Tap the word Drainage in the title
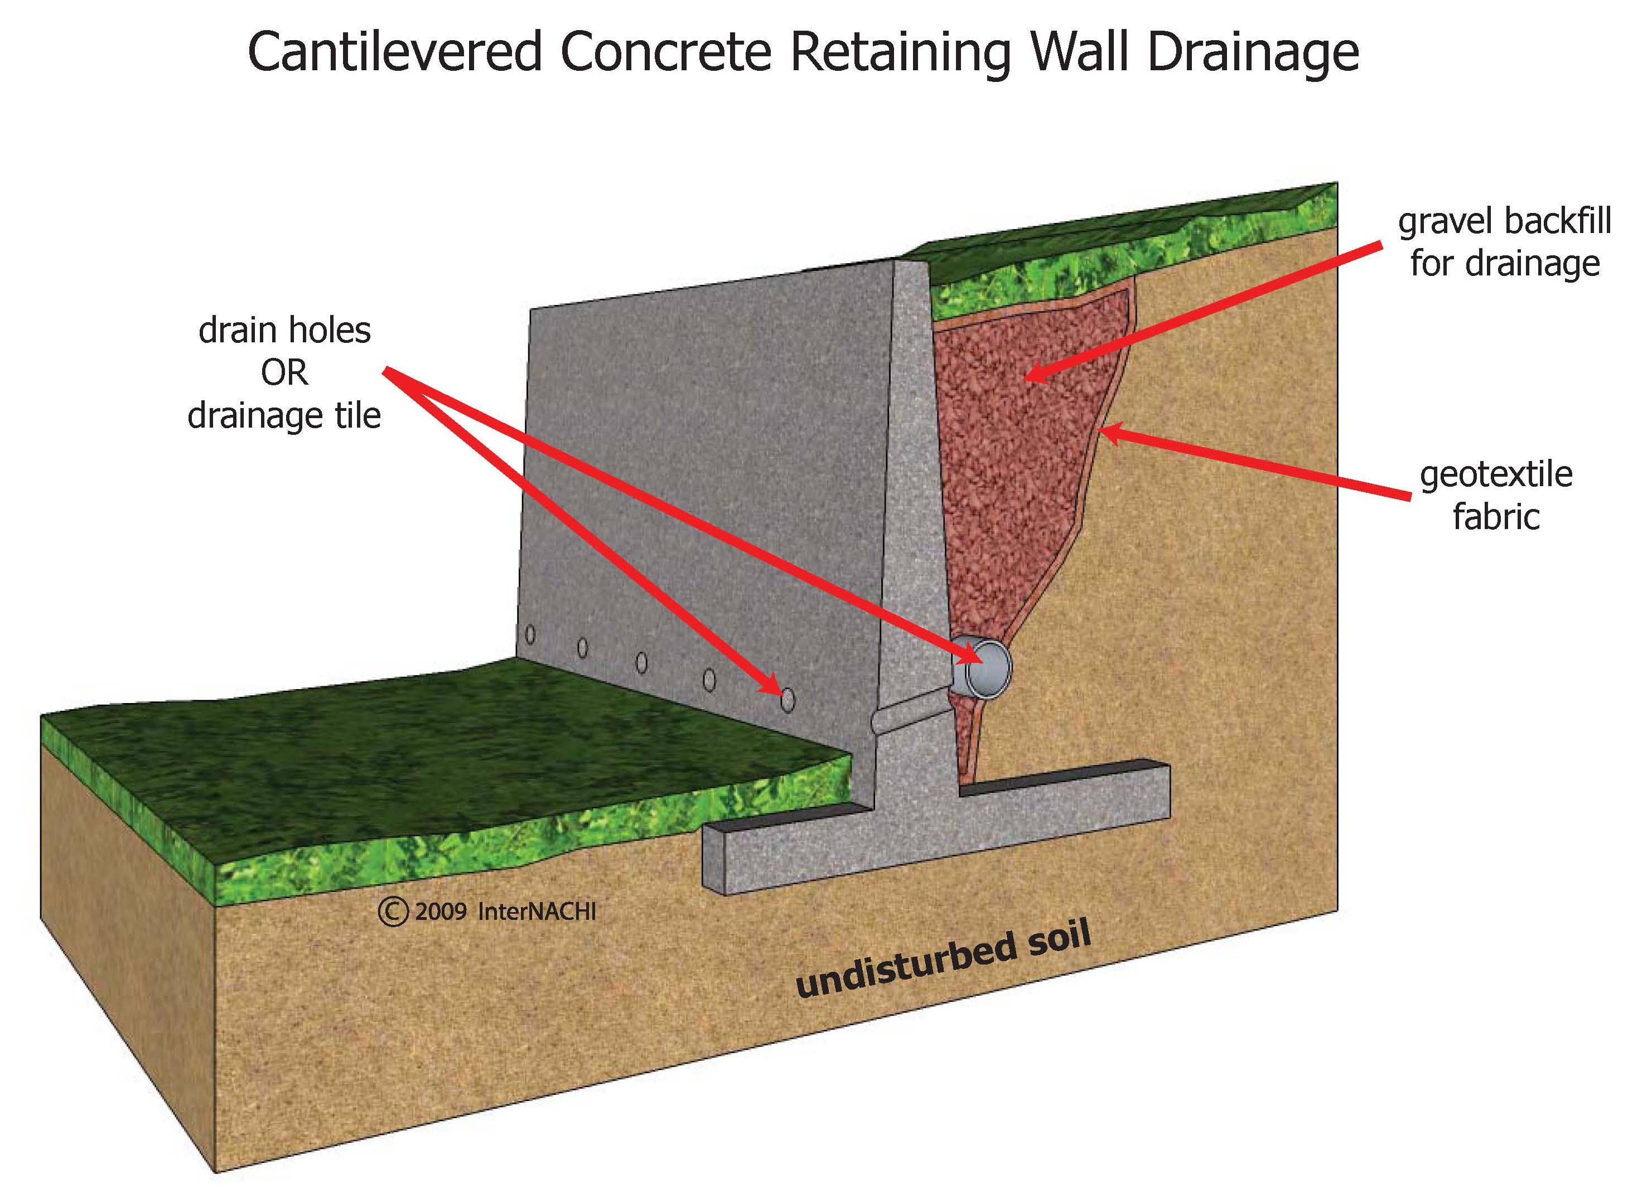pyautogui.click(x=1253, y=52)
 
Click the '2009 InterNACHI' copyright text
pyautogui.click(x=505, y=912)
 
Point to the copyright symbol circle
pyautogui.click(x=393, y=912)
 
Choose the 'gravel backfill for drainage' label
pyautogui.click(x=1504, y=242)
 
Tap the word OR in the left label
pyautogui.click(x=284, y=373)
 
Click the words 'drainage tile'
pyautogui.click(x=284, y=416)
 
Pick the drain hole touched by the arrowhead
pyautogui.click(x=786, y=700)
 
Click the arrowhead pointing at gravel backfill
pyautogui.click(x=1031, y=377)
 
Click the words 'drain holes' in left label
pyautogui.click(x=284, y=331)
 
